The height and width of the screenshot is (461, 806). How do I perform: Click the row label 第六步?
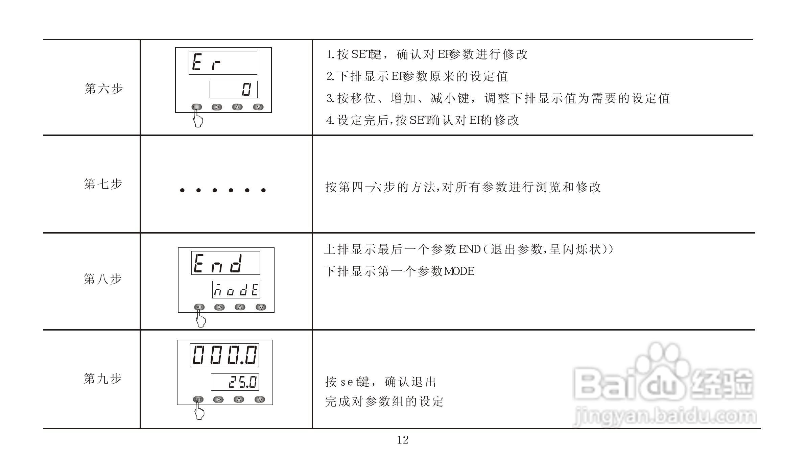[x=103, y=89]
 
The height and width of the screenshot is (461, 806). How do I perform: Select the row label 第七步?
[x=103, y=184]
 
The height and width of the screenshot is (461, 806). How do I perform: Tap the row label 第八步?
[x=102, y=279]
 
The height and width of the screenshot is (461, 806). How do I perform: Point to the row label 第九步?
[x=102, y=379]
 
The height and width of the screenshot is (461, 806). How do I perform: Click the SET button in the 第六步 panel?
[x=196, y=107]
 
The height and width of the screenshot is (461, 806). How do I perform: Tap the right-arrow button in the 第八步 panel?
[x=219, y=307]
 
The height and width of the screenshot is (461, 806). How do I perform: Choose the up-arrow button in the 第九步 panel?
[x=239, y=399]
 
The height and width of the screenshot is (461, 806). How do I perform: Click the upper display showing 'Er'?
[x=223, y=63]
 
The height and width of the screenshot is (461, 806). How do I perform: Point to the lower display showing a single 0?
[x=233, y=90]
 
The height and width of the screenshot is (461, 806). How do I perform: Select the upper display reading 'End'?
[x=226, y=263]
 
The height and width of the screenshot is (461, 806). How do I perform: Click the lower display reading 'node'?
[x=236, y=290]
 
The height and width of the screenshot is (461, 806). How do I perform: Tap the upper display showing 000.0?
[x=224, y=355]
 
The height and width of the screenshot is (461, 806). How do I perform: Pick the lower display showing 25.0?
[x=235, y=382]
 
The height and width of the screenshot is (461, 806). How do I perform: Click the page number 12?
[x=403, y=440]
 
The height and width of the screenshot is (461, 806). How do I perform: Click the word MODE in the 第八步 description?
[x=459, y=271]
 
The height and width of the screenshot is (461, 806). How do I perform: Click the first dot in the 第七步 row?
[x=183, y=190]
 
